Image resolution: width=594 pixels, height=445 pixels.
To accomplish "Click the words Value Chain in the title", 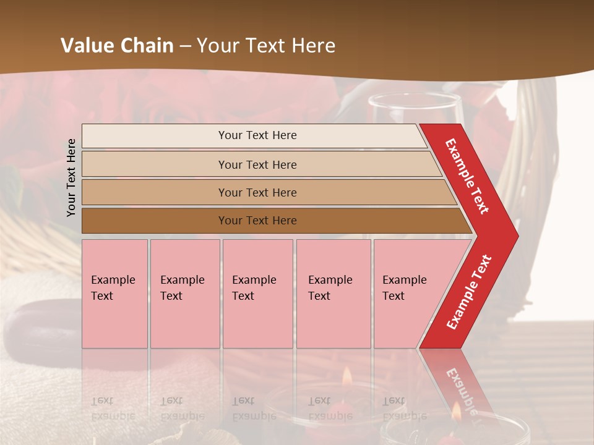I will coord(117,46).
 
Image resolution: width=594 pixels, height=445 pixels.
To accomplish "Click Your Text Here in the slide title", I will coord(266,46).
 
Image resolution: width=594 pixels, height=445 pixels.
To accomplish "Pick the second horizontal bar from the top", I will coord(257,164).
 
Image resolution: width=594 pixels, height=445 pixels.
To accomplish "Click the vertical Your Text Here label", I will coord(71,177).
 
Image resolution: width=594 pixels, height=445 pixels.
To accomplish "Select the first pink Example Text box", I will coord(114,293).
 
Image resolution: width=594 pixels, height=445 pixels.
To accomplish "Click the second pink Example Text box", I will coord(184,293).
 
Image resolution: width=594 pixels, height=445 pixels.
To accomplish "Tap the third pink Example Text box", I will coord(257,293).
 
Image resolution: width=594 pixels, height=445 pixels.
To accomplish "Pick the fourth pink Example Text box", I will coord(333,293).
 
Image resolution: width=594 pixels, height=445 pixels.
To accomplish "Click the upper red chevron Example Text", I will coord(468,176).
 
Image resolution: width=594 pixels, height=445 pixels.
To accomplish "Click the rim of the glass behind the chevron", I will coord(415,98).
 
